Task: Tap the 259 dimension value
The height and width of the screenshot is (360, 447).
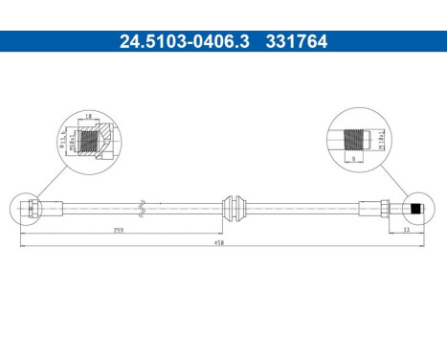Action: click(x=118, y=231)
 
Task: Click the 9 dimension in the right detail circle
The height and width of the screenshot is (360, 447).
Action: click(x=355, y=159)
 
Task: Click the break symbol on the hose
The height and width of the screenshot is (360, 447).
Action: click(x=141, y=206)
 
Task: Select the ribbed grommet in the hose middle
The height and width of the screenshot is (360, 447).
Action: click(x=233, y=206)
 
